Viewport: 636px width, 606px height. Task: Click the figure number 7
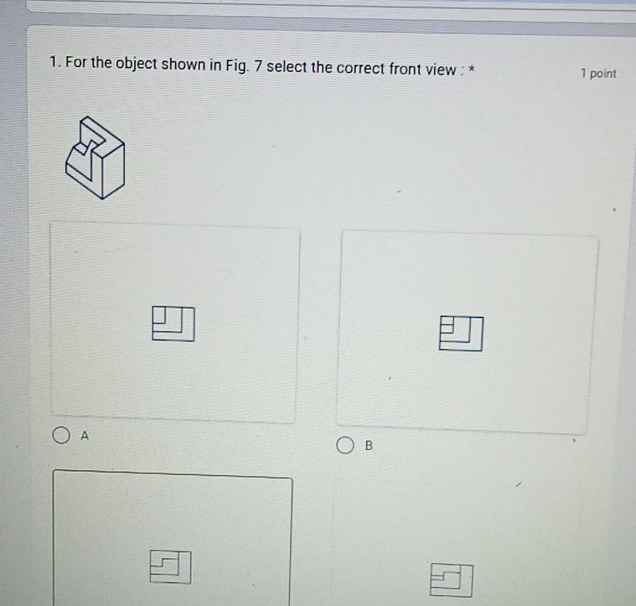coord(259,66)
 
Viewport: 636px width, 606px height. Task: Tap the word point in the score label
coord(603,74)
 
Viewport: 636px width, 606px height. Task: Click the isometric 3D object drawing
coord(94,158)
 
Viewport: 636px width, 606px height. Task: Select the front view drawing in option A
coord(173,324)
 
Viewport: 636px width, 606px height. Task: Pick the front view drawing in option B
coord(461,334)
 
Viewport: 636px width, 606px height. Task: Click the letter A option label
coord(83,435)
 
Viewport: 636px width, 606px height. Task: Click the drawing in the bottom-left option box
coord(171,566)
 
